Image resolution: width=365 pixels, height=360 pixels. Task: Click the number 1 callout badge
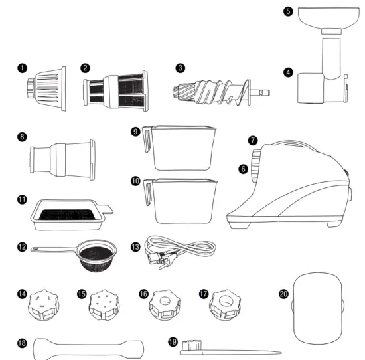point(22,68)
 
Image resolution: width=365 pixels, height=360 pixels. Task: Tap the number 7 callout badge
point(253,141)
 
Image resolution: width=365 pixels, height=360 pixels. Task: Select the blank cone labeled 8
point(63,159)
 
